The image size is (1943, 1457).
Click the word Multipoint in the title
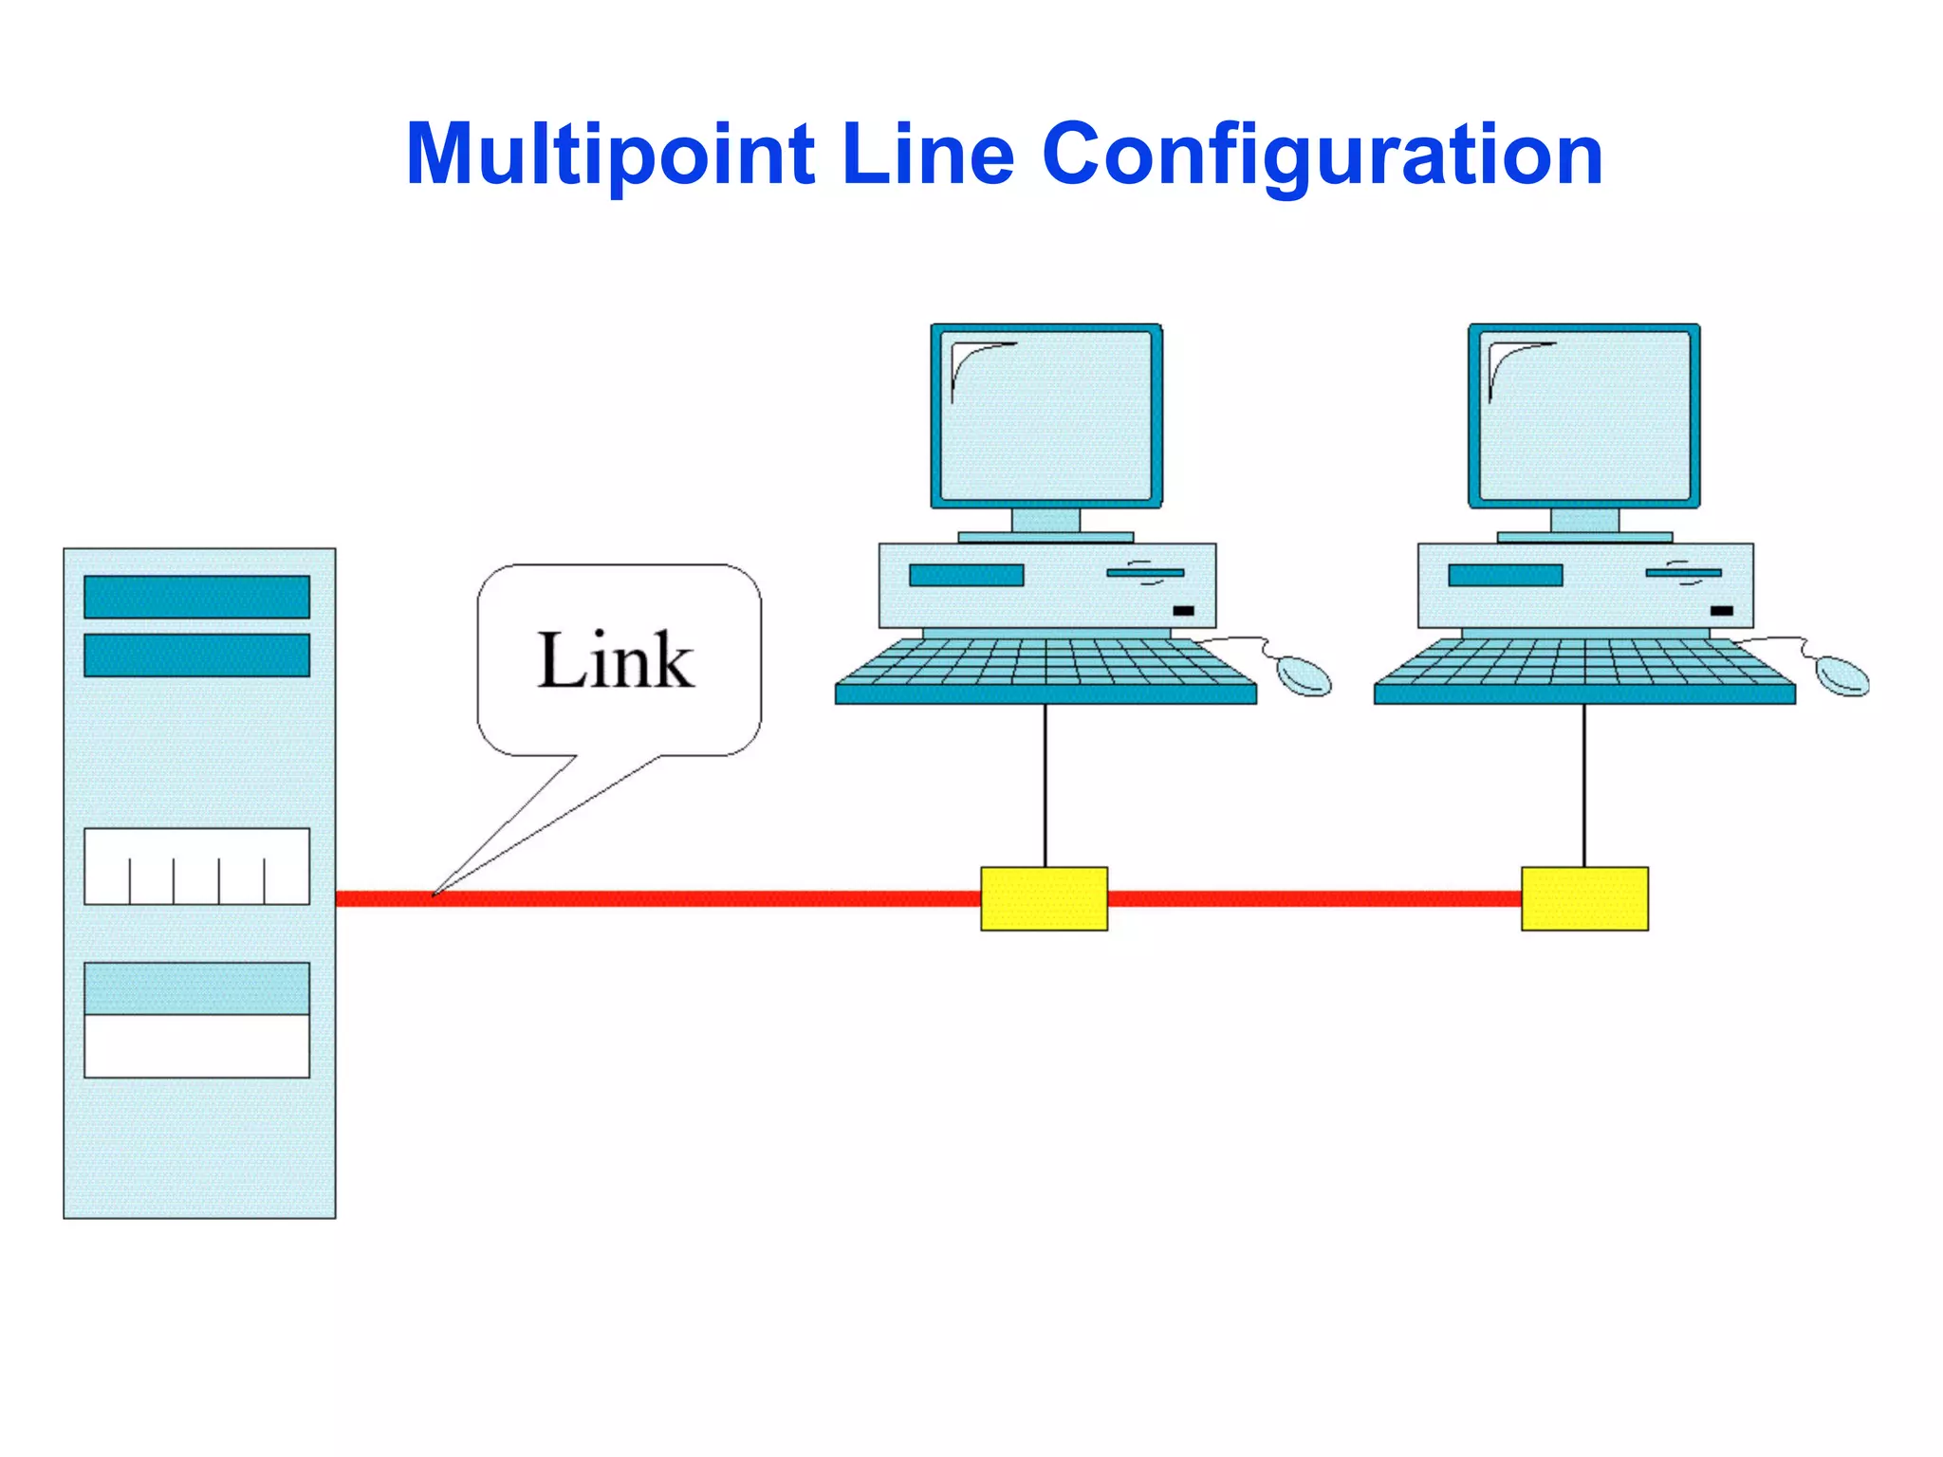click(x=609, y=155)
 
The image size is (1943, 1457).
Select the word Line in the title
click(x=928, y=155)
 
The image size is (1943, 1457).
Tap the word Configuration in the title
click(x=1323, y=155)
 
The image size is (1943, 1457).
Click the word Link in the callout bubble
click(x=617, y=660)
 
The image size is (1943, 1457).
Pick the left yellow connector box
click(x=1044, y=898)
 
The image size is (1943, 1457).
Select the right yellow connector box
click(x=1584, y=898)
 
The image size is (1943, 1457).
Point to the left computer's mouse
click(x=1304, y=675)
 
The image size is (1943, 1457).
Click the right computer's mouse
click(x=1841, y=675)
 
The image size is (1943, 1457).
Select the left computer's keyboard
click(x=1045, y=669)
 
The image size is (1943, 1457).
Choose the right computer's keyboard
click(x=1583, y=669)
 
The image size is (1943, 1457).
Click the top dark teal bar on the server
click(x=196, y=597)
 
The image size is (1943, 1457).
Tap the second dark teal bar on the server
click(x=196, y=655)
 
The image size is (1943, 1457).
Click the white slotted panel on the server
click(x=196, y=866)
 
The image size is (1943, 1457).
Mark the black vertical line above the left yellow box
click(x=1046, y=785)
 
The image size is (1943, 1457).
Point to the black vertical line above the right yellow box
click(x=1583, y=785)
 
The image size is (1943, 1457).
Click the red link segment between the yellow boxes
click(x=1314, y=898)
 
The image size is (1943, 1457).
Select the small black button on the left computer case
click(x=1183, y=611)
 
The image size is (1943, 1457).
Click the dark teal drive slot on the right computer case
click(x=1505, y=575)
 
